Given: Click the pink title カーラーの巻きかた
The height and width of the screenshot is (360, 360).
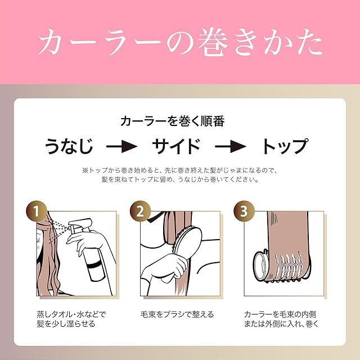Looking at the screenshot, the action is coord(180,43).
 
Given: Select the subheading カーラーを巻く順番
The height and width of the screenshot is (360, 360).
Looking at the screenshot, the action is coord(173,121).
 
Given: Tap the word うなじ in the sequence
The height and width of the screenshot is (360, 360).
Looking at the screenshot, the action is coord(69,146).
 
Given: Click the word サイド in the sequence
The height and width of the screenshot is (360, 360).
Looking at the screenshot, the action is coord(176,146).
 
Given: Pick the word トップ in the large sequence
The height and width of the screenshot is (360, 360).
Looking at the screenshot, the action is coord(285,146).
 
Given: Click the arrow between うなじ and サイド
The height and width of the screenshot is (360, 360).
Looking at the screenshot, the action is coord(122,146).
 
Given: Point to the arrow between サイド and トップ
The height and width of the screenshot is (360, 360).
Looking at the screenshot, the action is coord(231,146).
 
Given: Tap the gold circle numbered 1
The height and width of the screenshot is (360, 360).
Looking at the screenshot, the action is coord(36,211).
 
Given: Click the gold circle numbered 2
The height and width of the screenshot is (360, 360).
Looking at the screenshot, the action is coord(140,211).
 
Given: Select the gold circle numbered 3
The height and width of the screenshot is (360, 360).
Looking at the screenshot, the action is coord(244,211).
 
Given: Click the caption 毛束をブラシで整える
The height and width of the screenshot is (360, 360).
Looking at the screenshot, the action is coord(177,314).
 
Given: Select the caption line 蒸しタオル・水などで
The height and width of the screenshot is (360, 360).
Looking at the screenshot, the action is coord(71,314).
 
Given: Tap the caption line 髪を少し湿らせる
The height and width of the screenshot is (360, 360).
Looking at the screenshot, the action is coord(66,324).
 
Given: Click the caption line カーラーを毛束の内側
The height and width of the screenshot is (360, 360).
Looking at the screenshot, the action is coord(280,314).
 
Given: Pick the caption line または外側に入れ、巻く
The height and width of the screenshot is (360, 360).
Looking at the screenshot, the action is coord(281,324).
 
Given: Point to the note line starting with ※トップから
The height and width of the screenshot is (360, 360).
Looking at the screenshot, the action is coord(180,170).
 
